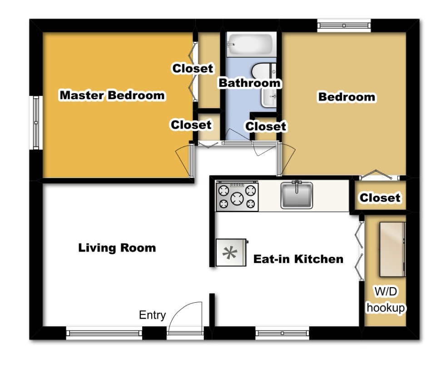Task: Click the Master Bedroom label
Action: pos(112,95)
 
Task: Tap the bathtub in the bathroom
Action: pos(251,44)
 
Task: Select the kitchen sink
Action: pos(297,194)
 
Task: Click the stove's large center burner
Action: pos(237,199)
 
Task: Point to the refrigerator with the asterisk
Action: pos(231,253)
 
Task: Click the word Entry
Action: pos(153,315)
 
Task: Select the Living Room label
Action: pos(117,248)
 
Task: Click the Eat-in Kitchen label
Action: pos(298,259)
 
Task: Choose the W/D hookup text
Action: pos(386,299)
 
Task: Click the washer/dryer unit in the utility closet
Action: pos(392,249)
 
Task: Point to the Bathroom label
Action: pos(250,83)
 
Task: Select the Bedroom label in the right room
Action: pos(347,97)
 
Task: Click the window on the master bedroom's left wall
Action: pos(36,123)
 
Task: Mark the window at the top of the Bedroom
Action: pos(344,25)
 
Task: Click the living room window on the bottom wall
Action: pos(104,333)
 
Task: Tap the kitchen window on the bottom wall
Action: pos(282,333)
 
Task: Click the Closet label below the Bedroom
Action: pos(380,198)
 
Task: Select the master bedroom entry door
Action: pos(192,160)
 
